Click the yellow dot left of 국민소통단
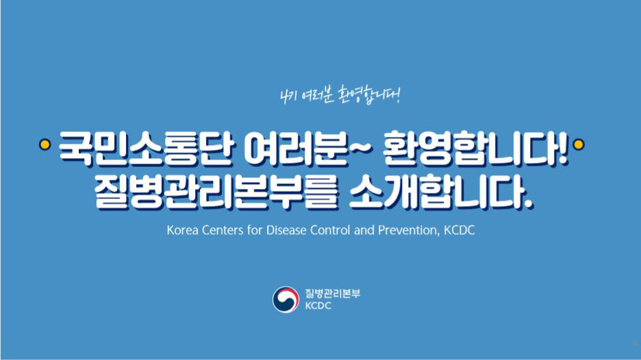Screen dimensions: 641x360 (x=45, y=144)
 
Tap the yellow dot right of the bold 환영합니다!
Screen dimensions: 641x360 (x=579, y=144)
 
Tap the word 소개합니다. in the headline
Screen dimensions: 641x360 (x=442, y=192)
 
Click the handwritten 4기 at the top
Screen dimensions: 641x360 (x=288, y=97)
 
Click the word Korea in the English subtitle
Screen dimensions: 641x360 (x=183, y=230)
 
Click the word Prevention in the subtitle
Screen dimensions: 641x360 (x=409, y=231)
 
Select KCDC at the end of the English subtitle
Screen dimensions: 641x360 (x=460, y=230)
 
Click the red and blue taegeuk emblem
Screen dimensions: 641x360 (x=286, y=300)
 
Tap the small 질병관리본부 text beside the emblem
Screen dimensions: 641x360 (x=332, y=294)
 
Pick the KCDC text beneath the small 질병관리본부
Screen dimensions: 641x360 (x=318, y=306)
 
